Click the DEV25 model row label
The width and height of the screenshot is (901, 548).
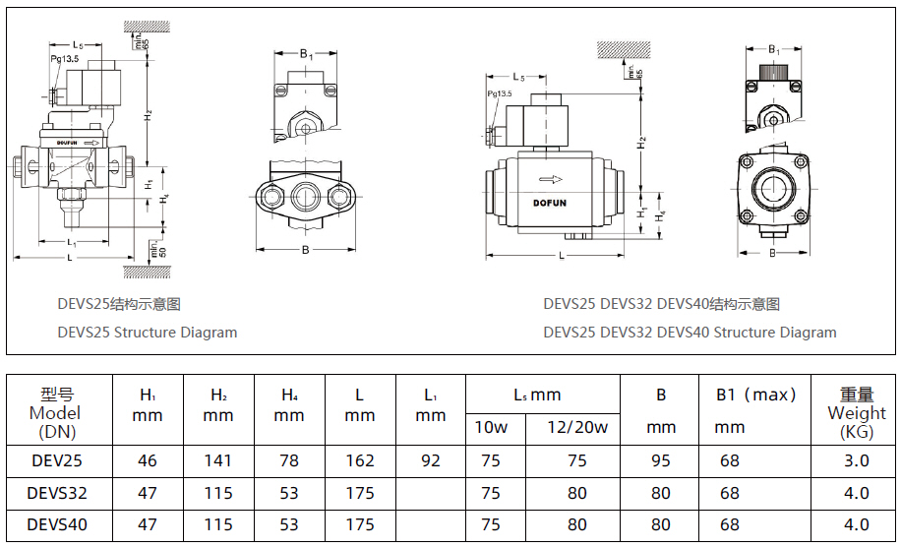(57, 460)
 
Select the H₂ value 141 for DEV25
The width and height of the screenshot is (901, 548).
(218, 460)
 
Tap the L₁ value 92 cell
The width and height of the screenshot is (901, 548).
(431, 460)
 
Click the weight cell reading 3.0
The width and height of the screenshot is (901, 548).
(856, 460)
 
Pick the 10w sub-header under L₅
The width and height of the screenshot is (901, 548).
(491, 427)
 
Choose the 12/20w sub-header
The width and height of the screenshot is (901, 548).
(577, 427)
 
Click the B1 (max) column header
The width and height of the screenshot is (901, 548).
(756, 395)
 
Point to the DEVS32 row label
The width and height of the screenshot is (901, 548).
(57, 493)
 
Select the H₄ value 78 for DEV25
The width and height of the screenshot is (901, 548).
(289, 460)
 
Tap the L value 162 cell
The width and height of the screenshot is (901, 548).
(360, 460)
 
